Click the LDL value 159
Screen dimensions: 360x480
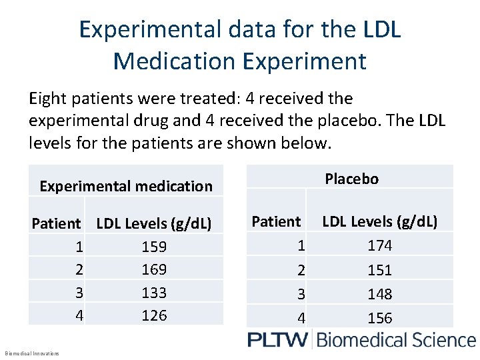(154, 247)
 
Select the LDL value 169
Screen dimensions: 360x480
(154, 270)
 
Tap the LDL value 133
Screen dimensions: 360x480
(154, 293)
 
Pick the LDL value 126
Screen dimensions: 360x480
(154, 315)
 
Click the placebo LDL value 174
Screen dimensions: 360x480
(380, 245)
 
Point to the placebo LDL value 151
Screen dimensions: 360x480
(380, 270)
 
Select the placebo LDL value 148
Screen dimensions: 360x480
(380, 294)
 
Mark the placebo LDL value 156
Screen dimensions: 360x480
(380, 318)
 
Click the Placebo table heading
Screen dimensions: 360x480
(351, 179)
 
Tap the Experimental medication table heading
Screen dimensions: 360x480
(126, 186)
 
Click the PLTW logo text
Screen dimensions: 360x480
(277, 340)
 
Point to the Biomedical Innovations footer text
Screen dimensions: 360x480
(31, 353)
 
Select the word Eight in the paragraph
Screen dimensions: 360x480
(48, 99)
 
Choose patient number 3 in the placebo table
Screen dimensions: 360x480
(301, 294)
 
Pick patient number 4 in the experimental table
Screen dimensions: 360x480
(79, 315)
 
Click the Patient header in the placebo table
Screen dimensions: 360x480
(276, 221)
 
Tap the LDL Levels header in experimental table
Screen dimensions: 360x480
(154, 224)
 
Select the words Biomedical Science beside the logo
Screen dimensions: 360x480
(396, 340)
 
